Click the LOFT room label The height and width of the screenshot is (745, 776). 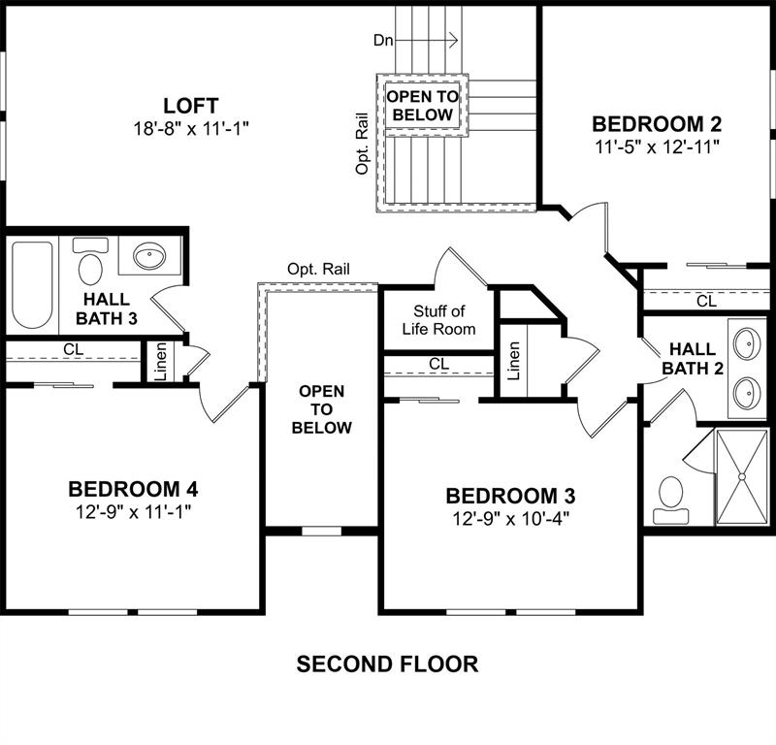(190, 106)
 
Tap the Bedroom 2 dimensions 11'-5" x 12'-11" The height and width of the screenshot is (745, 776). (657, 146)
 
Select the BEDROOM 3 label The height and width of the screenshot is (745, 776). (510, 496)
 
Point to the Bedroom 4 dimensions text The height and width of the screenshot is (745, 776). (133, 512)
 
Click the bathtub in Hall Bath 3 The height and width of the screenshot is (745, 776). (32, 284)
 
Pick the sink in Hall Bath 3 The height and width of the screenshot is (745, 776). (149, 255)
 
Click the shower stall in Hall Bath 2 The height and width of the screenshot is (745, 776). (742, 476)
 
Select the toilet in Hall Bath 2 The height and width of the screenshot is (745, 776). (671, 500)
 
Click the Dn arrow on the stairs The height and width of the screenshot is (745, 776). (439, 40)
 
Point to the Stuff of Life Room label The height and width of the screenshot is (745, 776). (439, 320)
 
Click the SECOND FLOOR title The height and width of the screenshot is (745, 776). (387, 664)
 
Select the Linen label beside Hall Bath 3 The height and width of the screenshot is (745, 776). (161, 362)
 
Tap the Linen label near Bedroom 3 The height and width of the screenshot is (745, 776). (514, 361)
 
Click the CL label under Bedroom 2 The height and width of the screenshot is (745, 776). (706, 301)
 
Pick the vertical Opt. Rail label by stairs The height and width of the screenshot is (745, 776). (362, 144)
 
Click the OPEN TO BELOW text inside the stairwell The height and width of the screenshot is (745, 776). (423, 106)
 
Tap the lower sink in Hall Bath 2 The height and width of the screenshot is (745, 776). (747, 393)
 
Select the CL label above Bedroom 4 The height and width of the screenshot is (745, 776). (74, 349)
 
